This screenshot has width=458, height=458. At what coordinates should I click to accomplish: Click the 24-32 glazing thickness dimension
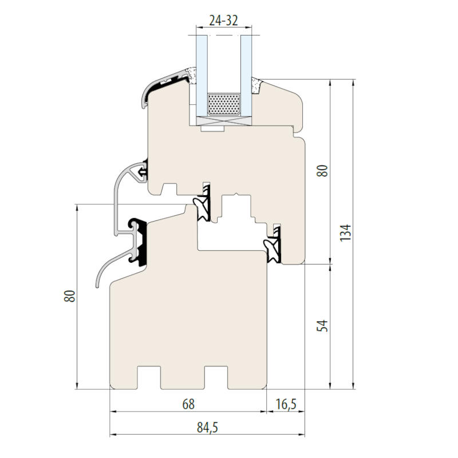click(x=223, y=21)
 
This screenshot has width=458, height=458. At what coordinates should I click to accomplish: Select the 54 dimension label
click(x=322, y=326)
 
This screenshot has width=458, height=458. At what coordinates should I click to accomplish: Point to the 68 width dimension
click(x=188, y=404)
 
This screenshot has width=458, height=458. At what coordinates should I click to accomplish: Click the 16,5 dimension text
click(x=286, y=405)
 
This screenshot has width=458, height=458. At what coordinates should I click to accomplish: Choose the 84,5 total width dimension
click(x=207, y=428)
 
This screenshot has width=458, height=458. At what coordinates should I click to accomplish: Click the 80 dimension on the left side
click(x=69, y=296)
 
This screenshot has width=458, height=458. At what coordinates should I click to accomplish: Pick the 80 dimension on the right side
click(x=322, y=171)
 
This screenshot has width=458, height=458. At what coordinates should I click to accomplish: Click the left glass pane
click(x=202, y=76)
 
